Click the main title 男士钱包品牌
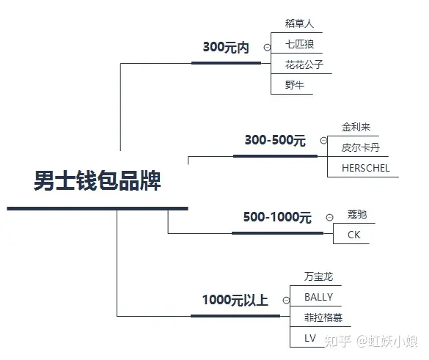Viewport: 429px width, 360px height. (97, 180)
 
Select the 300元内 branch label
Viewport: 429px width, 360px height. (226, 47)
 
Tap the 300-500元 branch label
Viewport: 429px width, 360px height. (275, 140)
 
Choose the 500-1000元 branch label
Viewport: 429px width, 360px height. (277, 217)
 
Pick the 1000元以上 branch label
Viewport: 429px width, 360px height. (235, 300)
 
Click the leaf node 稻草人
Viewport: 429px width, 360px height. (299, 23)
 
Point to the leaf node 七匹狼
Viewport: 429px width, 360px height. (299, 44)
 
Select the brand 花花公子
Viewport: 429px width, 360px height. (304, 65)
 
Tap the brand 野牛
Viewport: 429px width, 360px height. (294, 85)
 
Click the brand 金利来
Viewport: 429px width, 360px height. (356, 127)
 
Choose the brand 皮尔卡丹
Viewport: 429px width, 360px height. (361, 147)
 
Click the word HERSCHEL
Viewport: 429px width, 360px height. (366, 168)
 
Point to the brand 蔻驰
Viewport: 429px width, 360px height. (357, 214)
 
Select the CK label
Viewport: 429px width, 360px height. (353, 235)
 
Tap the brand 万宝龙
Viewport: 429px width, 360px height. (318, 276)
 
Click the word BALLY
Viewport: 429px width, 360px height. (318, 297)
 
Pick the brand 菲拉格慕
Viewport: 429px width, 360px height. (323, 317)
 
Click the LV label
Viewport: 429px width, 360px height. (310, 338)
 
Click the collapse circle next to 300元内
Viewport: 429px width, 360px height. (267, 48)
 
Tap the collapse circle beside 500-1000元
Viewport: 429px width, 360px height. (330, 218)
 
